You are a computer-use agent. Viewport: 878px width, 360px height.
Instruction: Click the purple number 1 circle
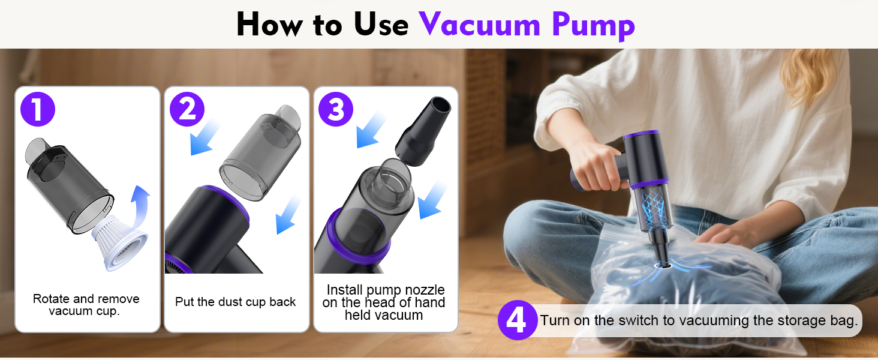(37, 110)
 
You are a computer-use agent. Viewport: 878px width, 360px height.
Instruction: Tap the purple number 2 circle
(187, 110)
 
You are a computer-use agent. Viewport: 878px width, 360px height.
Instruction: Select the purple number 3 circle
(336, 110)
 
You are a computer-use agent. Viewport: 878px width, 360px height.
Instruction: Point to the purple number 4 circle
(516, 321)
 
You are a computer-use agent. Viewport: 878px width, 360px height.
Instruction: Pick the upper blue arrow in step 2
(205, 138)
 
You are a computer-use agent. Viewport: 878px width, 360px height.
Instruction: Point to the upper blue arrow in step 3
(372, 131)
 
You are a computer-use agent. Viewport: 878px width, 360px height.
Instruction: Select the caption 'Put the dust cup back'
(235, 302)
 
